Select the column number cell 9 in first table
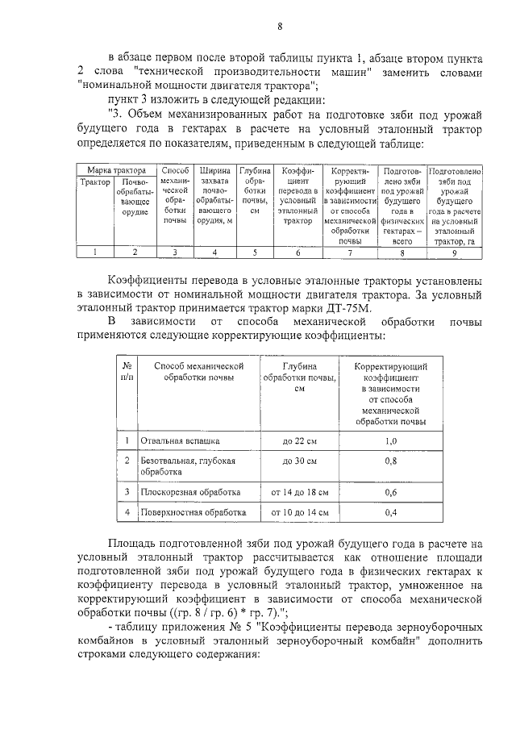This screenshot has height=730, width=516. point(454,252)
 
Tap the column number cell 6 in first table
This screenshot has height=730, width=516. point(298,252)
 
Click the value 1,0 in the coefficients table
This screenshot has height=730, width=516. point(391,441)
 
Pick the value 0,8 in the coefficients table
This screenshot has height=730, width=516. point(391,461)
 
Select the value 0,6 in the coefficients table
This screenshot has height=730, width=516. point(391,491)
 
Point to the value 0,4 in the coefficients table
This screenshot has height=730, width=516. point(391,512)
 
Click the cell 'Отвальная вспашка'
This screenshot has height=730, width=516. point(180,441)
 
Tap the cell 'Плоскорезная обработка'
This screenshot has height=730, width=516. point(191,491)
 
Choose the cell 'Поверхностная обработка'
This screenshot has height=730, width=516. point(193,512)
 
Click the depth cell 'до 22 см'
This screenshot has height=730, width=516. point(300,441)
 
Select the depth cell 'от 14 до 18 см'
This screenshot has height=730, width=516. point(300,491)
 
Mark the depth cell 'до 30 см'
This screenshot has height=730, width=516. point(300,461)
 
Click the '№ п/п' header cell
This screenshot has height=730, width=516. point(127,371)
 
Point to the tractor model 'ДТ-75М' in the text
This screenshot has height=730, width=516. point(423,307)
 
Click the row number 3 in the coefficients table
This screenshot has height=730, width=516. point(127,491)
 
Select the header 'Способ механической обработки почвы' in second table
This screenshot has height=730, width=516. point(198,371)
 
